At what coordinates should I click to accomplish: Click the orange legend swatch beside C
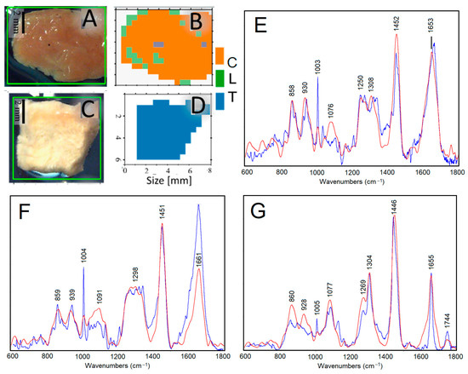click(x=220, y=57)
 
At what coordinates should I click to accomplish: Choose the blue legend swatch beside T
click(x=220, y=101)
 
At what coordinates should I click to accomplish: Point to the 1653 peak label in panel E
click(x=432, y=26)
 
